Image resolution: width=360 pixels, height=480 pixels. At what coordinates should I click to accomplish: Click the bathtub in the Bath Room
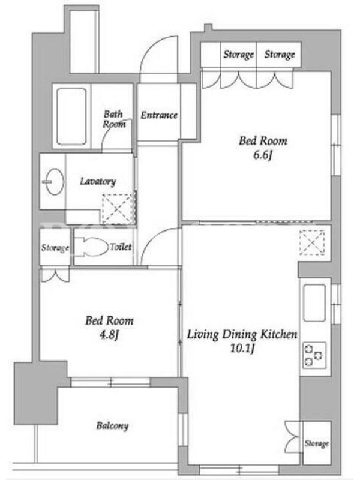click(x=71, y=116)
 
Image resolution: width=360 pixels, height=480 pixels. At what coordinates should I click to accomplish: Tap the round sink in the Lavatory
click(x=55, y=182)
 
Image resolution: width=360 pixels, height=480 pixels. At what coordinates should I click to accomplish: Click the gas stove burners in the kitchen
click(x=314, y=355)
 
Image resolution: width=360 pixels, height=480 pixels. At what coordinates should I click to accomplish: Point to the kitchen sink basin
click(x=314, y=303)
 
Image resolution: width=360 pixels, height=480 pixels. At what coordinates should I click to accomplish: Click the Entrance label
click(x=159, y=115)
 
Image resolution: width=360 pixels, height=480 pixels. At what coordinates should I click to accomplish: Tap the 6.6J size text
click(x=262, y=155)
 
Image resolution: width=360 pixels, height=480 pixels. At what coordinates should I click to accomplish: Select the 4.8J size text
click(x=109, y=335)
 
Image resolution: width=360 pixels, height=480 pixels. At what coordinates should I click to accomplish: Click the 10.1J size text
click(x=242, y=349)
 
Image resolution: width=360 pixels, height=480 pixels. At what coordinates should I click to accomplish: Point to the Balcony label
click(x=112, y=425)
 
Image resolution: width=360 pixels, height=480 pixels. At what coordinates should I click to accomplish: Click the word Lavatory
click(x=98, y=182)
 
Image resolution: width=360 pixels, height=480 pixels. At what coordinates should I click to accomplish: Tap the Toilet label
click(x=121, y=247)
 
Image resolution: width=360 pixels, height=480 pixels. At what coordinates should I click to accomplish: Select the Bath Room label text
click(x=114, y=119)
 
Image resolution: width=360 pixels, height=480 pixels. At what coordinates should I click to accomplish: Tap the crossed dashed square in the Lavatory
click(x=118, y=208)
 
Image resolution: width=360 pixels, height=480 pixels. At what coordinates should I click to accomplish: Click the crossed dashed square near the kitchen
click(x=312, y=242)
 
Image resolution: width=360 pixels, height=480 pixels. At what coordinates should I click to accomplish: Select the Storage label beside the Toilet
click(x=55, y=247)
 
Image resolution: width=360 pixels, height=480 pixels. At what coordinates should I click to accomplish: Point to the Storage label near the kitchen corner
click(x=317, y=443)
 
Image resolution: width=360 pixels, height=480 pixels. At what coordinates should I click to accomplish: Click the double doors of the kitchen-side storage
click(x=292, y=437)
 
